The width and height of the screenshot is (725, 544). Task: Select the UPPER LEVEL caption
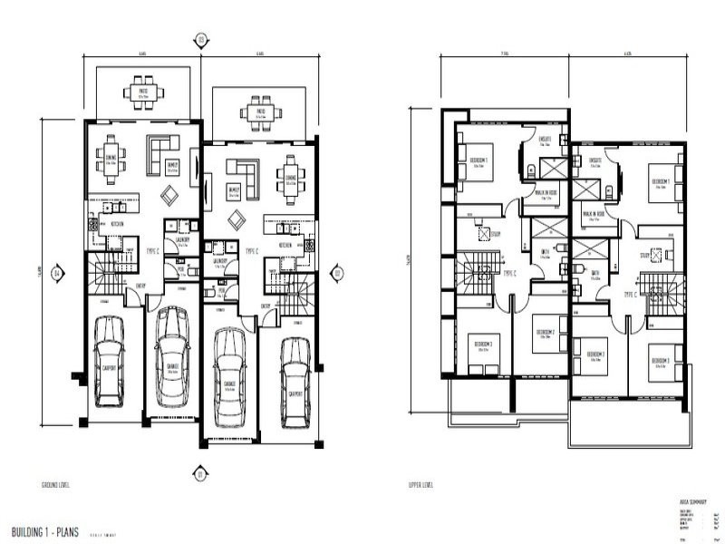(x=421, y=485)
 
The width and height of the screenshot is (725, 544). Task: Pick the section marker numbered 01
(x=201, y=471)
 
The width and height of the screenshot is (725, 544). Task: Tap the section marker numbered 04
(x=56, y=272)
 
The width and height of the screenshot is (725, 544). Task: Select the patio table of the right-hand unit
(x=259, y=113)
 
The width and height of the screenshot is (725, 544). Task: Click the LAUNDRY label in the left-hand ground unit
(x=182, y=239)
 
